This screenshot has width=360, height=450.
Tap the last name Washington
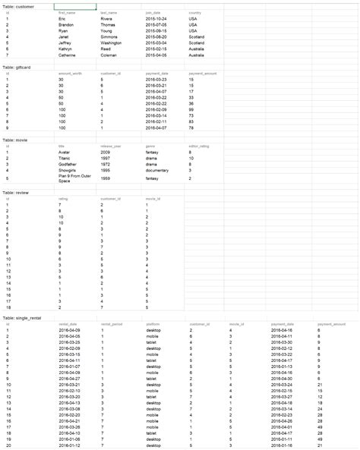click(x=112, y=45)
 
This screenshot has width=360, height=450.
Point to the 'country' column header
click(x=194, y=13)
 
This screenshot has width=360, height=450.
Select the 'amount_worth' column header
click(x=70, y=74)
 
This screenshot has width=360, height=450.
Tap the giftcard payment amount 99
click(x=191, y=110)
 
